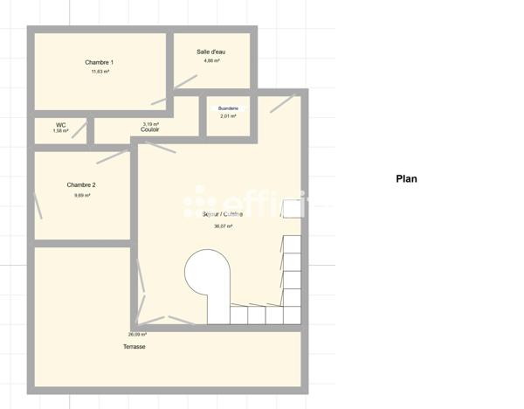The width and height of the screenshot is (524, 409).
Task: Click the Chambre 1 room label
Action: pos(99,62)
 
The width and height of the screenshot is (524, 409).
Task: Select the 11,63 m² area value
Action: pos(100,72)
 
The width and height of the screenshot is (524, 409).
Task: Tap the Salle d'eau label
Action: pos(211,52)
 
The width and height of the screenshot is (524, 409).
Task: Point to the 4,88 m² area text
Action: pos(211,61)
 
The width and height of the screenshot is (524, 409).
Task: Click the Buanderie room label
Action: pos(228,108)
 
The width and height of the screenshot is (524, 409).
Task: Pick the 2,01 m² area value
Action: pos(228,116)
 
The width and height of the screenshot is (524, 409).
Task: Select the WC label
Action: pos(60,124)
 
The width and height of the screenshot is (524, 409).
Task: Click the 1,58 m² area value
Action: pos(60,131)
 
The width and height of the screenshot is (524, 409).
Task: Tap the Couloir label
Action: pos(149,130)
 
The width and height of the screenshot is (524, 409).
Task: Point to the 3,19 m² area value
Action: pos(150,124)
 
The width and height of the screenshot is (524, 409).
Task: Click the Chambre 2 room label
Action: pos(81,184)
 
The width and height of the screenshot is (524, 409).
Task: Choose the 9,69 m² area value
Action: pos(82,196)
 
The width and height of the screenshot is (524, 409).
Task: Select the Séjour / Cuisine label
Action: pos(223,214)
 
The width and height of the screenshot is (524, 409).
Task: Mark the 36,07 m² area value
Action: pos(224,226)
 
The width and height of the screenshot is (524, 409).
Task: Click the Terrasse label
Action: pos(134,347)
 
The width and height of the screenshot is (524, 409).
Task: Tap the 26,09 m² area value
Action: pos(137,334)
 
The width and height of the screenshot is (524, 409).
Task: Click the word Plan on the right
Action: pos(406,179)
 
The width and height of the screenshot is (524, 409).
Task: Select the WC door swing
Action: pos(79,130)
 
